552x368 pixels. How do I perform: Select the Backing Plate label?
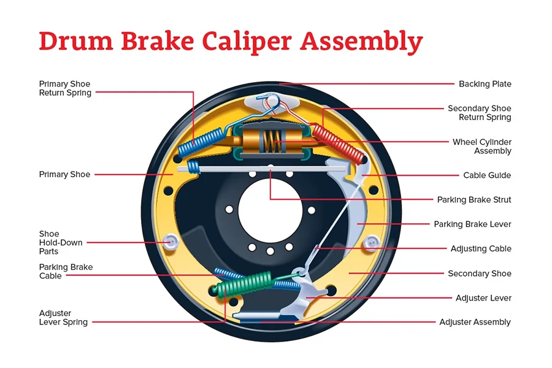coord(485,84)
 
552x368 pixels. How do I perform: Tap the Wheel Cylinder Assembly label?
coord(481,147)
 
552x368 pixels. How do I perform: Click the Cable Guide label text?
coord(487,175)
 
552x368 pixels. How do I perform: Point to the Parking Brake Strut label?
coord(474,200)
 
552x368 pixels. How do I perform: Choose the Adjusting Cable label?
coord(481,249)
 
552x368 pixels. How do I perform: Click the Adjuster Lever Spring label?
coord(63,318)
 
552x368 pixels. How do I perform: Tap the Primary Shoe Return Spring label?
coord(65,88)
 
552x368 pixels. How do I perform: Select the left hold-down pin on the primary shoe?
coord(170,243)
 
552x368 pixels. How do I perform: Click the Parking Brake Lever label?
coord(472,224)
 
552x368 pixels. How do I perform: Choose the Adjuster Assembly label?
coord(475,322)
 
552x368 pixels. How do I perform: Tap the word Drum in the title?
coord(73,42)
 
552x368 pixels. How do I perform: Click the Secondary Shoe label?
coord(479,274)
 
